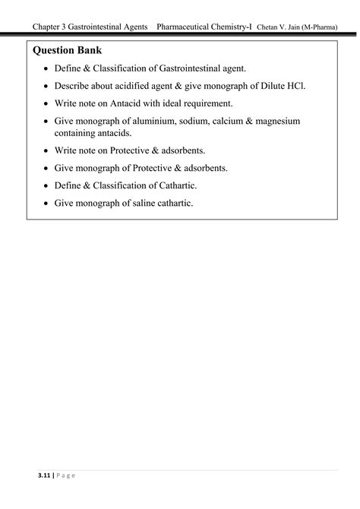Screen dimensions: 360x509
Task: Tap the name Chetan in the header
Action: [x=270, y=27]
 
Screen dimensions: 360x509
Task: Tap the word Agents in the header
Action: [x=143, y=27]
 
